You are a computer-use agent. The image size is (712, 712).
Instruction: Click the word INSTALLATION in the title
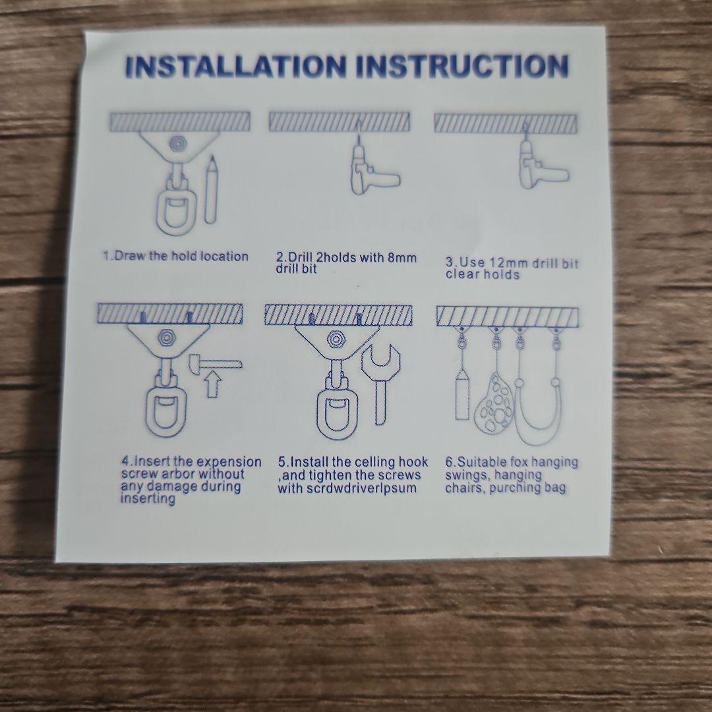235,66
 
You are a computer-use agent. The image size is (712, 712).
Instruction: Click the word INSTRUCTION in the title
462,66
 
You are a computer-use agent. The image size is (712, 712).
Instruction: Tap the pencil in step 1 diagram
211,189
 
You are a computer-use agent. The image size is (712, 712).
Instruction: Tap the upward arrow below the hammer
212,385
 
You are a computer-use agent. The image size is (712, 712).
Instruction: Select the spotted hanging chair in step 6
494,403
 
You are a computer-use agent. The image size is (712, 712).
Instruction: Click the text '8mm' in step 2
402,258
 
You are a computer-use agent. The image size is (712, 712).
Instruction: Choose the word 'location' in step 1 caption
224,256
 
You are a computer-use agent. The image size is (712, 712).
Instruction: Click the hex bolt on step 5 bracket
336,340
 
